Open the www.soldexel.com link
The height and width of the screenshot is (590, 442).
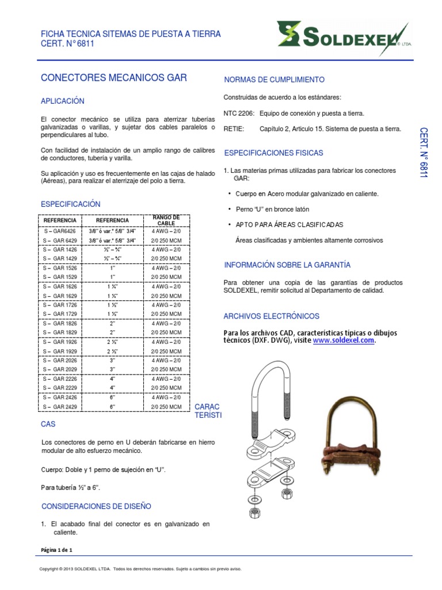pyautogui.click(x=344, y=341)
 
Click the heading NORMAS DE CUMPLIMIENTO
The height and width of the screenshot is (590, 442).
pyautogui.click(x=273, y=80)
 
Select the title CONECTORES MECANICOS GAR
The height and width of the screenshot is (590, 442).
pyautogui.click(x=114, y=77)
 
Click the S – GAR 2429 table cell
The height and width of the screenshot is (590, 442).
pyautogui.click(x=60, y=407)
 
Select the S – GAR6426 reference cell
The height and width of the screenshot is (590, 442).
pyautogui.click(x=60, y=229)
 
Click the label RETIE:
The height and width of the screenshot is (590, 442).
pyautogui.click(x=234, y=129)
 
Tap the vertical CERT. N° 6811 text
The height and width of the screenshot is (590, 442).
pyautogui.click(x=424, y=152)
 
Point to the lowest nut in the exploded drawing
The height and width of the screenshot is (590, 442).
pyautogui.click(x=253, y=512)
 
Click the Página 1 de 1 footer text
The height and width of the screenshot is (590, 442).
pyautogui.click(x=57, y=550)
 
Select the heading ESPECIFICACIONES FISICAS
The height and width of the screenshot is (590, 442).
pyautogui.click(x=273, y=153)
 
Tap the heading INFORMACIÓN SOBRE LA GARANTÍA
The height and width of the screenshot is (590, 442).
pyautogui.click(x=287, y=265)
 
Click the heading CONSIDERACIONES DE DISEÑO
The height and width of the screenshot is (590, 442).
pyautogui.click(x=96, y=506)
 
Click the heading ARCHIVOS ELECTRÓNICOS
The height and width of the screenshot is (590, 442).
pyautogui.click(x=271, y=316)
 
